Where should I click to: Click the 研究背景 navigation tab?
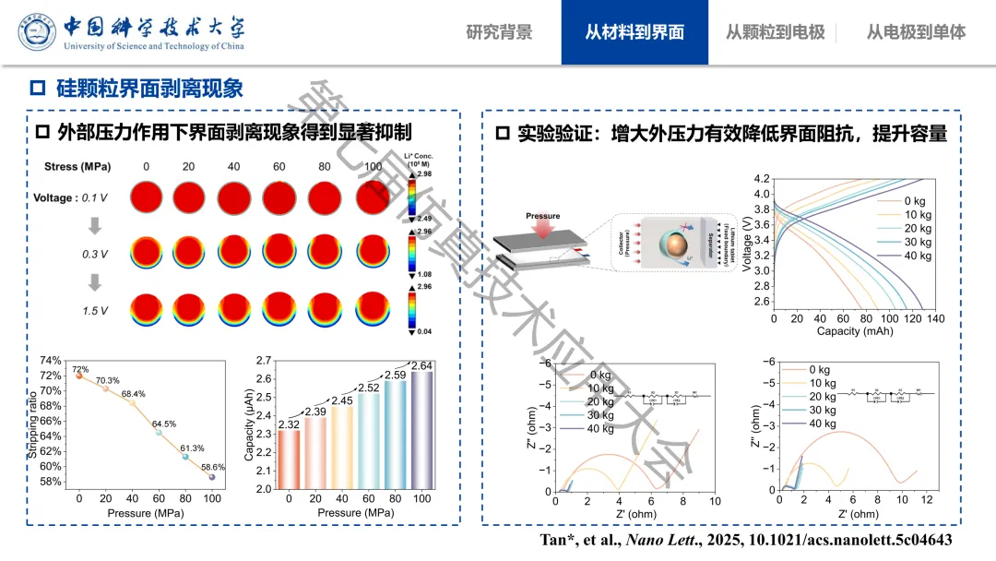pos(499,32)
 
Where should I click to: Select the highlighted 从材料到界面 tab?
pos(634,32)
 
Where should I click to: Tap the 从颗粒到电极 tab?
pos(775,32)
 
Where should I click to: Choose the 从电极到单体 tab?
pos(916,32)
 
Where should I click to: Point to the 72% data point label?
pos(80,369)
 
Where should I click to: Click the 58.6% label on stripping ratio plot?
pos(213,467)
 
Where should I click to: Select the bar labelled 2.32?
pos(289,459)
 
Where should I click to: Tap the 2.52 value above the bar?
pos(368,388)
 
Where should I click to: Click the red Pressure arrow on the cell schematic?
pos(543,230)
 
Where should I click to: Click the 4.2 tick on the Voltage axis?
pos(762,178)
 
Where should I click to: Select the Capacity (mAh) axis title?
pos(855,330)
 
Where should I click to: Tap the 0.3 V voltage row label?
pos(95,253)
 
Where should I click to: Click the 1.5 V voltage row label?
pos(95,311)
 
